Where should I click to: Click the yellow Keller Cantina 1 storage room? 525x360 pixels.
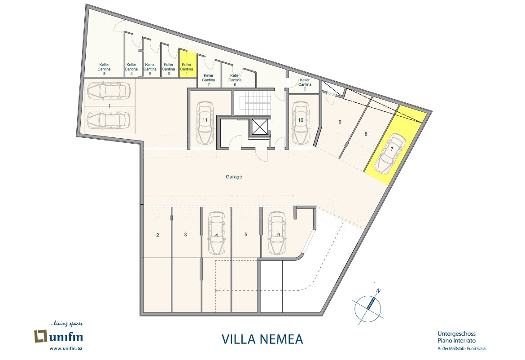click(188, 64)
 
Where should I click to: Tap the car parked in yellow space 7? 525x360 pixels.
click(390, 154)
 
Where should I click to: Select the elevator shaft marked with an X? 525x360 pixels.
click(259, 127)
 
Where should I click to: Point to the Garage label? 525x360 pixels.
click(234, 176)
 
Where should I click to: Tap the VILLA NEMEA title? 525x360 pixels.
click(262, 339)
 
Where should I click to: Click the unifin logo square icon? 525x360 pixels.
click(41, 336)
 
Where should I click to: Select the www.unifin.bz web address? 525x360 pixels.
click(66, 349)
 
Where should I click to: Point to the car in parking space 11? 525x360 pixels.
click(205, 123)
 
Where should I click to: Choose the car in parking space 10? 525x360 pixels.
click(300, 123)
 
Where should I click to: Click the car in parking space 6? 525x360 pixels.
click(277, 233)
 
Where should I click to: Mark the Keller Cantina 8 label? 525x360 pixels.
click(104, 69)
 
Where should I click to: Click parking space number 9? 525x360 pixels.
click(340, 122)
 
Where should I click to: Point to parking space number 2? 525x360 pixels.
click(157, 235)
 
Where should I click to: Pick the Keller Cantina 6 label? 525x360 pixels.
click(235, 80)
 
